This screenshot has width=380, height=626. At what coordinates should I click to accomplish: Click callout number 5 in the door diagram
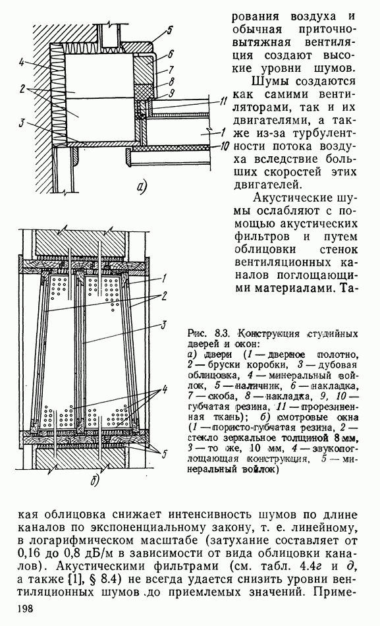[170, 30]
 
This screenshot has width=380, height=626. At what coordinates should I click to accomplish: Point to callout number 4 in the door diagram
[21, 62]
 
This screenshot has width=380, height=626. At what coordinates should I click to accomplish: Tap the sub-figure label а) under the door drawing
[142, 187]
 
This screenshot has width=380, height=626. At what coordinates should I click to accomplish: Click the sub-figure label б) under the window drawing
[95, 481]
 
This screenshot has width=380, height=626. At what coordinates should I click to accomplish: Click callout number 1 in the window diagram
[164, 277]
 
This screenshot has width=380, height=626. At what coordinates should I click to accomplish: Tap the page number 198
[26, 608]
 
